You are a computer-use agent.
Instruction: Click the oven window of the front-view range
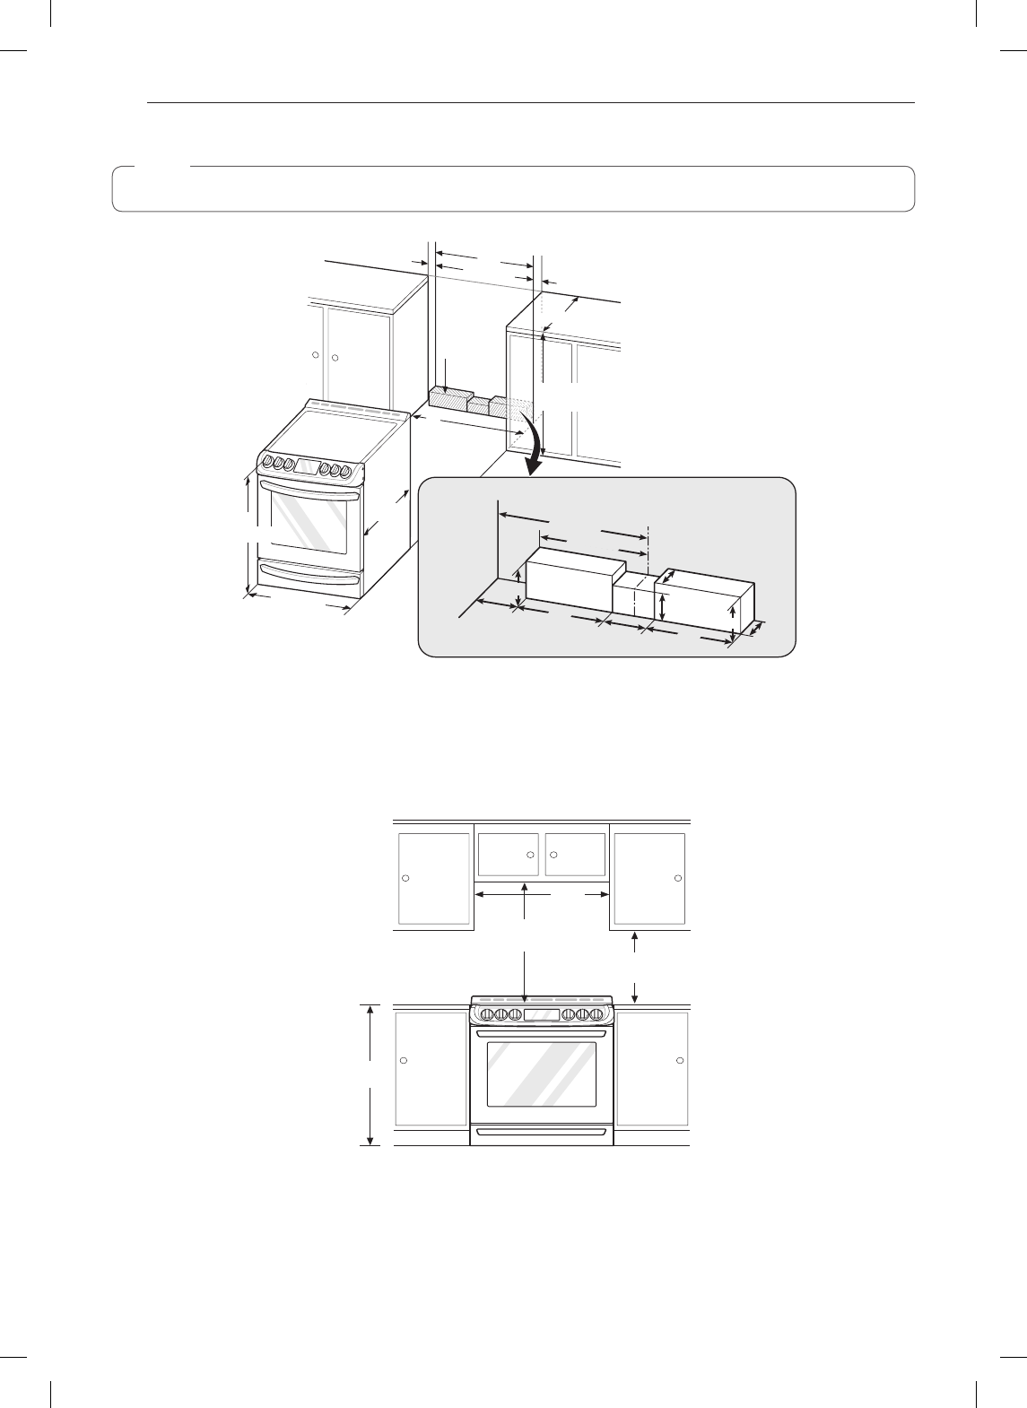(x=542, y=1074)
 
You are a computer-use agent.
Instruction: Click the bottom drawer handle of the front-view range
(x=542, y=1132)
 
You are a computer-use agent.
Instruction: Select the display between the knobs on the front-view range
(x=542, y=1014)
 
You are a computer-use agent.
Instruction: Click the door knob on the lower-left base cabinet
(x=405, y=1060)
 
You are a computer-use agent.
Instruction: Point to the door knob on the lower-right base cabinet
(x=678, y=1060)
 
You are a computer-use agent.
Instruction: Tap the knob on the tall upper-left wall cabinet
(x=405, y=877)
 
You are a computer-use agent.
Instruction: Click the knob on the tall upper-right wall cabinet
(x=678, y=877)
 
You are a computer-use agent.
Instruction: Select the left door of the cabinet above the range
(x=508, y=855)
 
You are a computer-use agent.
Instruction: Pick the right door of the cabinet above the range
(x=575, y=855)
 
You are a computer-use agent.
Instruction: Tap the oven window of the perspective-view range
(x=309, y=520)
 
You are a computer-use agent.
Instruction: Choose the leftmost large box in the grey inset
(x=572, y=582)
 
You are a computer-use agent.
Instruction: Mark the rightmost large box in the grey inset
(x=705, y=604)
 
